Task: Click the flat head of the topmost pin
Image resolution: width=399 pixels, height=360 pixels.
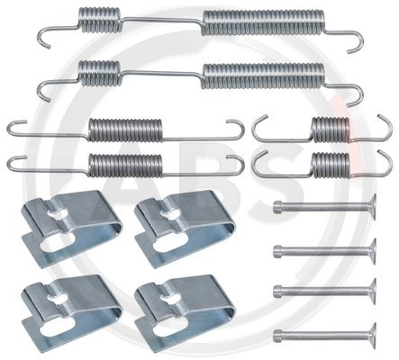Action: coord(368,206)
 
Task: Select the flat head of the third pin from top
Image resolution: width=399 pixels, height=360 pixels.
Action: coord(368,289)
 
